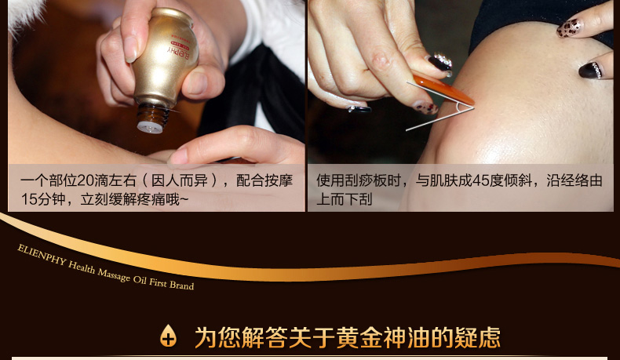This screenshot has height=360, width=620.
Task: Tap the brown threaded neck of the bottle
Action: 152,115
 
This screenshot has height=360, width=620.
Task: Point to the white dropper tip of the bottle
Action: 150,127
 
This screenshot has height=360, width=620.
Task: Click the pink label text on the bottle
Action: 181,49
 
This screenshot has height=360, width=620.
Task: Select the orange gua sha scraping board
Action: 443,89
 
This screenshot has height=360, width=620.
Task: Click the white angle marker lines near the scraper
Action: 439,106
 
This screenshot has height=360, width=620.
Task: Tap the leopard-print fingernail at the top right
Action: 570,28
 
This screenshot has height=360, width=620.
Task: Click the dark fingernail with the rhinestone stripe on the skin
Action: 591,70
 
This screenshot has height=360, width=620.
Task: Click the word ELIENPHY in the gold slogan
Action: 41,255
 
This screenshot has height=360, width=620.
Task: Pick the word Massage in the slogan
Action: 114,275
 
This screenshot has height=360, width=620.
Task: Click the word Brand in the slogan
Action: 181,285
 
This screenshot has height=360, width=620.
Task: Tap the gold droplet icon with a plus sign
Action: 168,336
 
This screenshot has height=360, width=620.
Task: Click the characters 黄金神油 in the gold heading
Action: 383,337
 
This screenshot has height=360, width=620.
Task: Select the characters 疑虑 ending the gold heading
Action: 477,337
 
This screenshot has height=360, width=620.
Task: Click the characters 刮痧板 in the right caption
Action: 367,180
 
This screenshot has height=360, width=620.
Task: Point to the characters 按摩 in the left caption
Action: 279,180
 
